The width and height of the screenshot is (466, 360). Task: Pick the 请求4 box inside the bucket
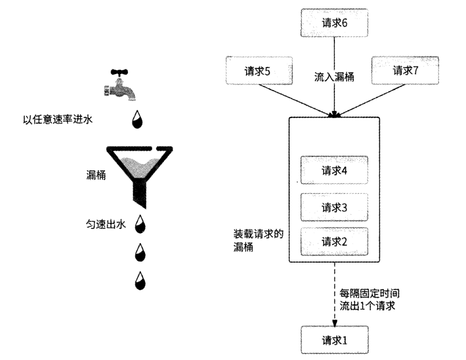pyautogui.click(x=334, y=170)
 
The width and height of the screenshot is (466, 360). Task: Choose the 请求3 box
pyautogui.click(x=334, y=207)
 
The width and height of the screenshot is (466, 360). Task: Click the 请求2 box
pyautogui.click(x=334, y=241)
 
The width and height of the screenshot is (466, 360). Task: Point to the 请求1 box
pyautogui.click(x=334, y=340)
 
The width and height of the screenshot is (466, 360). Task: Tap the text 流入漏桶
pyautogui.click(x=334, y=76)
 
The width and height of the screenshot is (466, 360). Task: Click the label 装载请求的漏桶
pyautogui.click(x=258, y=239)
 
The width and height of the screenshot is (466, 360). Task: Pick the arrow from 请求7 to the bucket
pyautogui.click(x=373, y=97)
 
